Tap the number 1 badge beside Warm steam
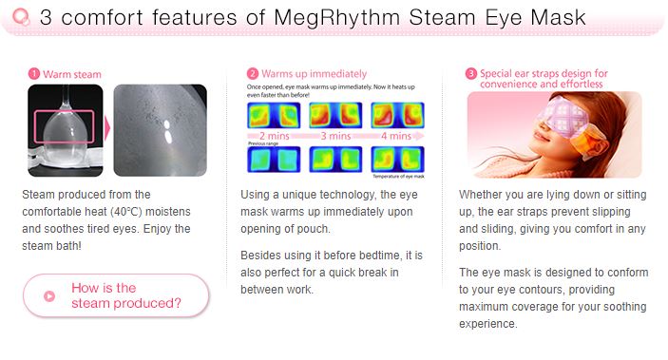click(33, 73)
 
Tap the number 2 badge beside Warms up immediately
click(252, 73)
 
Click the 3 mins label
click(337, 137)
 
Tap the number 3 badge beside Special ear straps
click(471, 73)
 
